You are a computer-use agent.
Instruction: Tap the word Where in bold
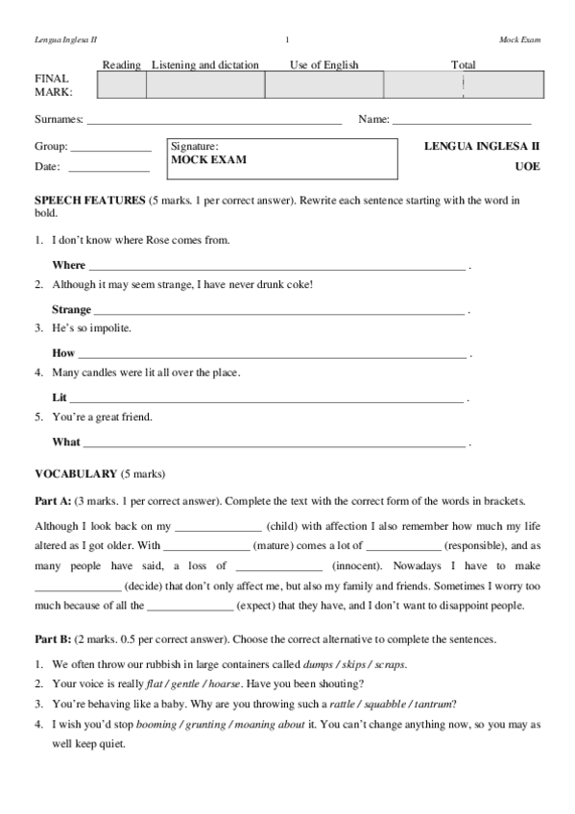click(68, 265)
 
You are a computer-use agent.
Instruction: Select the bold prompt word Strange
click(72, 309)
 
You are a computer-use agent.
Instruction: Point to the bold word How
click(63, 353)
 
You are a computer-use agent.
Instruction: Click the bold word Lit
click(60, 397)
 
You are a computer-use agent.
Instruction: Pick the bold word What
click(66, 442)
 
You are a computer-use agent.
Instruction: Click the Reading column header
click(122, 65)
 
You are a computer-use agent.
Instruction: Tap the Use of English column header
click(324, 65)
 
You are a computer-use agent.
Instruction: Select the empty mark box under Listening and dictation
click(205, 85)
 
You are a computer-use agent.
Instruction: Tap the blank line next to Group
click(110, 149)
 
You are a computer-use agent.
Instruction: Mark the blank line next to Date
click(108, 168)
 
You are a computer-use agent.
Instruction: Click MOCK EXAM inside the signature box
click(208, 160)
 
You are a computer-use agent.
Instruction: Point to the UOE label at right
click(527, 166)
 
